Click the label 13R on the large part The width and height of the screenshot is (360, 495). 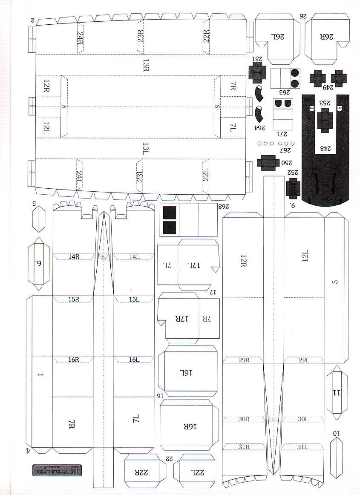coord(146,65)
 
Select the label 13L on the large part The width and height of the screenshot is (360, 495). coord(146,148)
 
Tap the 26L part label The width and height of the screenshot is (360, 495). coord(277,37)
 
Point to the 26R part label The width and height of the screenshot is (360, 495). coord(326,37)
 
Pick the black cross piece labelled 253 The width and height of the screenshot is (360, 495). coord(325,120)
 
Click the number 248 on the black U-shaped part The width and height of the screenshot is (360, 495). coord(326,149)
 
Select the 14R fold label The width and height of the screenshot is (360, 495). coord(74,256)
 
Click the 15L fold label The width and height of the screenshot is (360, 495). coord(134,299)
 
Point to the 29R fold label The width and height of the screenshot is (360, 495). coord(244,360)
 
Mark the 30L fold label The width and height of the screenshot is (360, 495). coord(303,419)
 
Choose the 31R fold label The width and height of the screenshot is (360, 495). coord(244,447)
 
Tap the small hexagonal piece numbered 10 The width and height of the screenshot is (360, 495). coord(337,453)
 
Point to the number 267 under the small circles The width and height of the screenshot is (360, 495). coord(284,151)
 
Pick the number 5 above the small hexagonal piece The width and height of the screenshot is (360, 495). coord(34,203)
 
